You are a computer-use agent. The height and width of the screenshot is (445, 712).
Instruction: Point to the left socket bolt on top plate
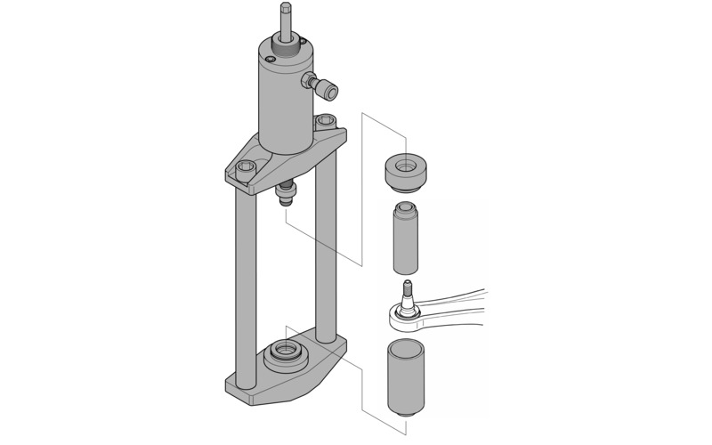pyautogui.click(x=247, y=166)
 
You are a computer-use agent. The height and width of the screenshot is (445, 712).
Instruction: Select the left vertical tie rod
pyautogui.click(x=241, y=285)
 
